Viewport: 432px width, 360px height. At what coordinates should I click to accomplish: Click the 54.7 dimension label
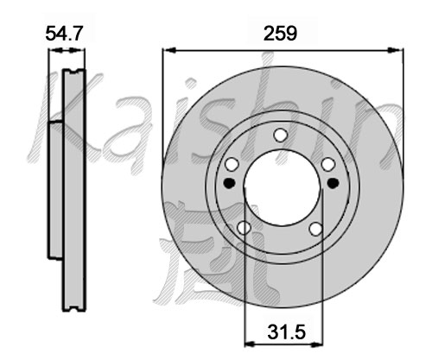tap(64, 33)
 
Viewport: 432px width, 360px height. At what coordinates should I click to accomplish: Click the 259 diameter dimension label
tap(280, 34)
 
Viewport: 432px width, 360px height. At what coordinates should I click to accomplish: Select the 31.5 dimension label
tap(286, 332)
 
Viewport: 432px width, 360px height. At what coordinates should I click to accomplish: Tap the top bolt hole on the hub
tap(281, 135)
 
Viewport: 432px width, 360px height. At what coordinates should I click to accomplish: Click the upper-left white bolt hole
tap(232, 164)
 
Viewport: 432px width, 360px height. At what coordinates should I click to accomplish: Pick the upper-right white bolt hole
tap(328, 164)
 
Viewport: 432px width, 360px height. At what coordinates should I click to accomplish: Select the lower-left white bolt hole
tap(244, 228)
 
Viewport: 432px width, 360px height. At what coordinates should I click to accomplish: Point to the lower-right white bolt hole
tap(316, 229)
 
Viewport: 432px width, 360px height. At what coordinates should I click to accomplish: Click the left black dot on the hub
tap(230, 183)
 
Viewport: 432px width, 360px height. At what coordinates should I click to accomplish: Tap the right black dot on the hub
tap(334, 183)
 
